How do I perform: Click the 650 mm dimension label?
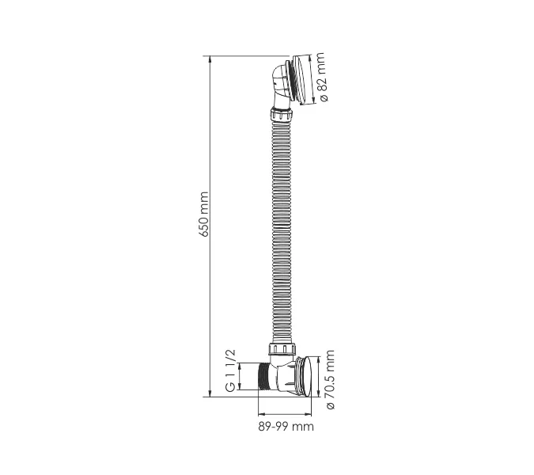pyautogui.click(x=204, y=214)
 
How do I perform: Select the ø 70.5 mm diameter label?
pyautogui.click(x=331, y=379)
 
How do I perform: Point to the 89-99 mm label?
pyautogui.click(x=286, y=426)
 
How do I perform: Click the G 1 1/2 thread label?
pyautogui.click(x=230, y=370)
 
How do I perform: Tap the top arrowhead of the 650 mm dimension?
pyautogui.click(x=210, y=59)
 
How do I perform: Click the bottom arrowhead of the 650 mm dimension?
pyautogui.click(x=210, y=393)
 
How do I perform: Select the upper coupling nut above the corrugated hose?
pyautogui.click(x=282, y=115)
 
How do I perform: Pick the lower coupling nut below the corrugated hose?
pyautogui.click(x=282, y=348)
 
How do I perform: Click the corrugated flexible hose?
pyautogui.click(x=282, y=232)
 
